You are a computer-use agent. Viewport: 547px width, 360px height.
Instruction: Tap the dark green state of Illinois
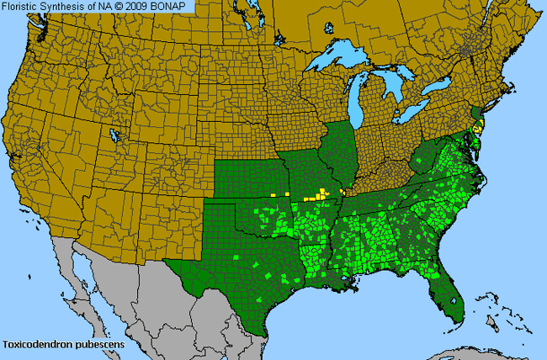(341, 151)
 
